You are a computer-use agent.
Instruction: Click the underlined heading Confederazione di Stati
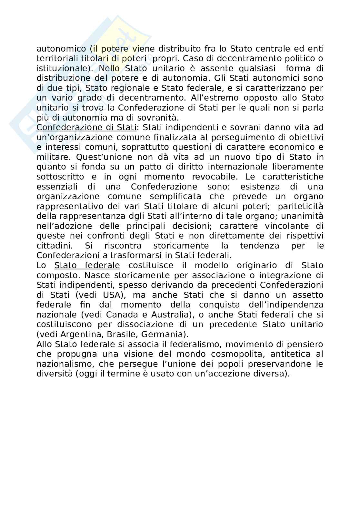point(86,128)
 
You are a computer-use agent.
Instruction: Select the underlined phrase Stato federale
point(87,265)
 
